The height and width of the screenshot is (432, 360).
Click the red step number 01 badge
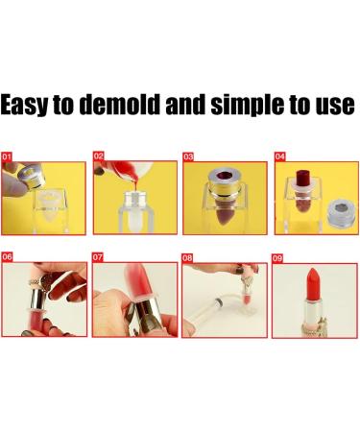tap(8, 155)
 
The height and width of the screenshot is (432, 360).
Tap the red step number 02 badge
tap(99, 155)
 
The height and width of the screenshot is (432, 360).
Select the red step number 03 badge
tap(189, 155)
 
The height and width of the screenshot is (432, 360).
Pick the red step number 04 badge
tap(279, 155)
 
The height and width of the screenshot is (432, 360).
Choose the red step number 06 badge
tap(8, 257)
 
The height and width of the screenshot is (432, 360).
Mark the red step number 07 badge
tap(99, 257)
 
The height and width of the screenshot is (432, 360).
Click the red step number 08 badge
tap(189, 257)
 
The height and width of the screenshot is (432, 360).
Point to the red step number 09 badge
tap(279, 257)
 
